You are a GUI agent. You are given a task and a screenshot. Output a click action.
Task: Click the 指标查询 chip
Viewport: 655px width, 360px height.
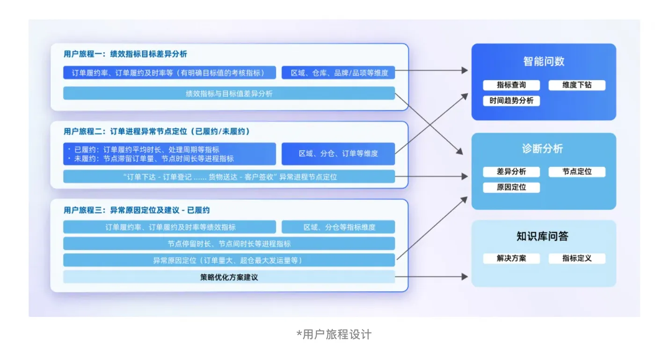(x=511, y=85)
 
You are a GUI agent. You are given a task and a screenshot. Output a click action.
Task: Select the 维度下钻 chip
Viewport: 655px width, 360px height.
(x=576, y=85)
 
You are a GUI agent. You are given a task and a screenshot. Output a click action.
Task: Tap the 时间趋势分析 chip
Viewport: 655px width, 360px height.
(x=511, y=101)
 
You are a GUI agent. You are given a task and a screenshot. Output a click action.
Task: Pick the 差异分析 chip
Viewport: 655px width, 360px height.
(x=511, y=171)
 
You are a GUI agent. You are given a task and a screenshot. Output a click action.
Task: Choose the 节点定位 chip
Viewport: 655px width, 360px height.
(x=576, y=171)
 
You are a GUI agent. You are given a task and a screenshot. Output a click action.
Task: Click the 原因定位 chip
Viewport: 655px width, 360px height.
(x=511, y=187)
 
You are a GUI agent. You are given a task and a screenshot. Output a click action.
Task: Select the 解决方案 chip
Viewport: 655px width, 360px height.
(x=511, y=258)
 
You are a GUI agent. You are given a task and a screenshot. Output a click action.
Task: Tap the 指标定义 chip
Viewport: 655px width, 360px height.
(x=576, y=258)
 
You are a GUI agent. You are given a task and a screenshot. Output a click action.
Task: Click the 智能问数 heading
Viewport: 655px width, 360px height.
(x=544, y=61)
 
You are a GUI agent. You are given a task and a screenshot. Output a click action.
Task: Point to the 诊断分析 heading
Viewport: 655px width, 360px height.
(x=542, y=149)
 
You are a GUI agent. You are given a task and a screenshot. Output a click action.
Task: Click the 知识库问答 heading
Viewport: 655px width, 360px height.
(x=542, y=236)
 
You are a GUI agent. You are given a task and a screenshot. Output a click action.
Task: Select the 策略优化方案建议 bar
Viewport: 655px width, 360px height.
(x=229, y=277)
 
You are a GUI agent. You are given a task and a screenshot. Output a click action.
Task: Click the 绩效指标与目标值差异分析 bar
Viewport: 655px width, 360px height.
(x=229, y=93)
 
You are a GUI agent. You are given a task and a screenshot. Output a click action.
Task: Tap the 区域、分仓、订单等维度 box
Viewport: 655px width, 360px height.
(x=338, y=154)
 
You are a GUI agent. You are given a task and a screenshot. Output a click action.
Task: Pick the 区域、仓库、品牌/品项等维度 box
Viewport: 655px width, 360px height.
(x=338, y=73)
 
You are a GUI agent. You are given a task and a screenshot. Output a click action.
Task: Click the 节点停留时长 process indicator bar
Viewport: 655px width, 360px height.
(x=229, y=243)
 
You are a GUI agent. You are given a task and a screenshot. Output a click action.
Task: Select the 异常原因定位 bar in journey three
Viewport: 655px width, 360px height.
(x=229, y=260)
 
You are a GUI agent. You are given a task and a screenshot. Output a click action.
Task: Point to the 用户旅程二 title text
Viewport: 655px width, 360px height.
(x=157, y=132)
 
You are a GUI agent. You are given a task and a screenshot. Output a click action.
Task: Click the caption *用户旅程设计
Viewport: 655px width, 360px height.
(x=334, y=334)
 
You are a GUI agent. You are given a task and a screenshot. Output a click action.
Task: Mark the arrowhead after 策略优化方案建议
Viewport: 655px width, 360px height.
(x=465, y=277)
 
